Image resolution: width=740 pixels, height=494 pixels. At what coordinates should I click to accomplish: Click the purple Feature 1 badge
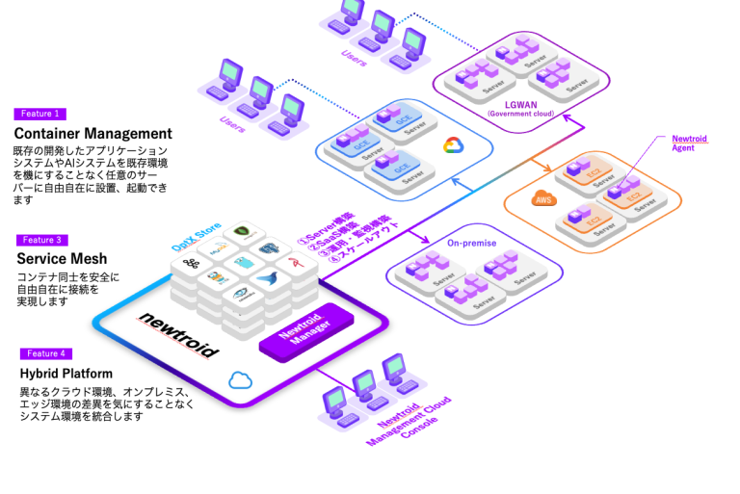[x=40, y=114]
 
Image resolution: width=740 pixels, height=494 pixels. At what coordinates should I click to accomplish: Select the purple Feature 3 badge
[x=40, y=240]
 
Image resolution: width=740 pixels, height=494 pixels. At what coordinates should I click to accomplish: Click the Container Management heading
[x=92, y=133]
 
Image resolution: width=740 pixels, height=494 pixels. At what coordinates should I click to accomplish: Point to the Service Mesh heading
[x=62, y=258]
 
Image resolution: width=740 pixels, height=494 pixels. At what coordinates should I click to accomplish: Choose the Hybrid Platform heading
[x=66, y=373]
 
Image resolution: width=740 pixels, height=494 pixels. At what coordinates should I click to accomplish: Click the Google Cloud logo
[x=452, y=145]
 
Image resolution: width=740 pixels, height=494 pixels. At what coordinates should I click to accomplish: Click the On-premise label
[x=471, y=243]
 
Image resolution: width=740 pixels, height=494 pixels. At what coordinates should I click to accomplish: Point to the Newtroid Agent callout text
[x=689, y=143]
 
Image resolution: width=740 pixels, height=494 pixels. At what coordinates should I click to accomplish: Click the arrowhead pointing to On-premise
[x=424, y=237]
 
